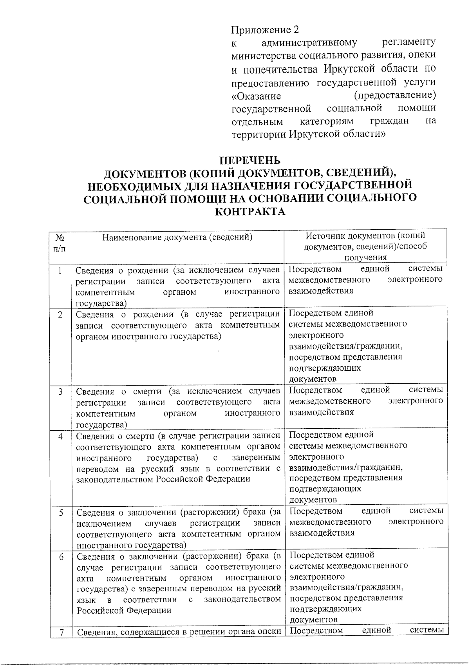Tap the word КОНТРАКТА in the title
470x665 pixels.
(249, 212)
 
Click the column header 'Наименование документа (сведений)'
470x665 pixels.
(177, 237)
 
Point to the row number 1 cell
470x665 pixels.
(60, 270)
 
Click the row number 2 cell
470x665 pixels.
(60, 314)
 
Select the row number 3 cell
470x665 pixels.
(61, 391)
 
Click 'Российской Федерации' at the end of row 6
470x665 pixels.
(124, 611)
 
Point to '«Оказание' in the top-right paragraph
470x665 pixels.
(256, 96)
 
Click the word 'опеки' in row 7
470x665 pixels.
(269, 632)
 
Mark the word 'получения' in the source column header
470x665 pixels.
(365, 257)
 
